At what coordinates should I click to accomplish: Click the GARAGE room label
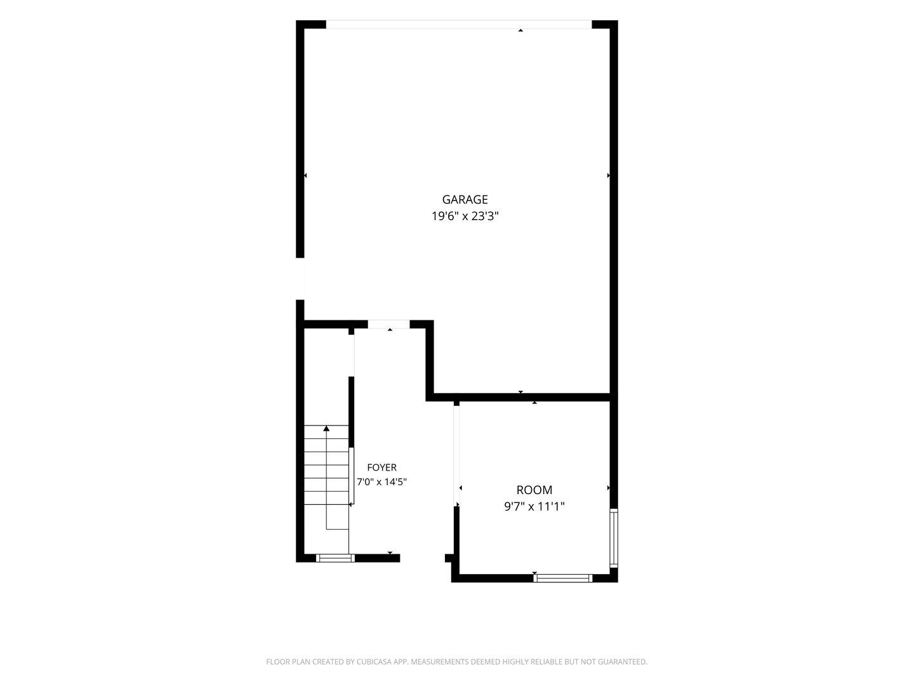point(465,200)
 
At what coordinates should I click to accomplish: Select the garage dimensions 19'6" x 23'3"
point(465,216)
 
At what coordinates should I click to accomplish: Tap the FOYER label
point(381,467)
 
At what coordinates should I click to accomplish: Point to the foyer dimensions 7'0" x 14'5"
point(381,481)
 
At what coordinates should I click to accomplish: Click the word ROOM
point(534,490)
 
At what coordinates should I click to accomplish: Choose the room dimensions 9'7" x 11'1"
point(534,507)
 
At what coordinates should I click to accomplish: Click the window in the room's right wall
point(614,538)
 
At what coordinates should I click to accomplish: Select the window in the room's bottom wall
point(563,578)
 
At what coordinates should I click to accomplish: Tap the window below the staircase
point(335,558)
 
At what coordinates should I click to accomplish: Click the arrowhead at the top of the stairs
point(326,428)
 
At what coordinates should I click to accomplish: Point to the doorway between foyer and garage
point(389,324)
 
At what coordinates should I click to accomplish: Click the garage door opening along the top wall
point(458,25)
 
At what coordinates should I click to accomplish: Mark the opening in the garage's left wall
point(300,278)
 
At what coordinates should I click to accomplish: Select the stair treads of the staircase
point(326,465)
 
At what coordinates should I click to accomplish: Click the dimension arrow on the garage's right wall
point(608,176)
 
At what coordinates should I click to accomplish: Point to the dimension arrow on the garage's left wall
point(305,176)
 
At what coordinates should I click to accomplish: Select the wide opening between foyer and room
point(456,456)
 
